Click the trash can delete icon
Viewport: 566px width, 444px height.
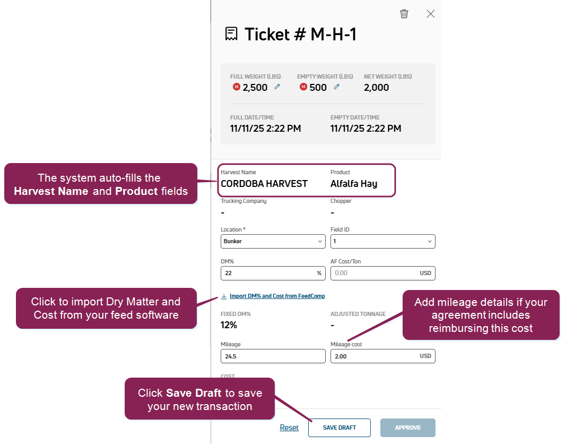pos(404,14)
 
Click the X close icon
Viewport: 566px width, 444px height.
pos(430,14)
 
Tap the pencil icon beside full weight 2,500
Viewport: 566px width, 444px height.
pos(277,87)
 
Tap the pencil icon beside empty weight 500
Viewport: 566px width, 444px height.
pos(337,87)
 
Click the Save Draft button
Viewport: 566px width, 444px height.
pos(339,428)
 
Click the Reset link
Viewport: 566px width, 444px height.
pos(289,428)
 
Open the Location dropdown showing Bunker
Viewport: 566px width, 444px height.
pos(273,241)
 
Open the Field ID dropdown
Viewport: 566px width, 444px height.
pos(382,241)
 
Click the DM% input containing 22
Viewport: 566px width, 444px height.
pos(273,273)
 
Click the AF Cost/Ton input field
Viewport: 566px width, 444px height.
pos(382,273)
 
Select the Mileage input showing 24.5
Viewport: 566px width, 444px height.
pos(273,356)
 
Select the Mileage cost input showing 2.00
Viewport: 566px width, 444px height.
pos(382,356)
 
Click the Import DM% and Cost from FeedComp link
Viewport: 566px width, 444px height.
pos(277,296)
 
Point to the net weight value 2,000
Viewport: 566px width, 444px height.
pos(376,88)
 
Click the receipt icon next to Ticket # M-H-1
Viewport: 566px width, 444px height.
pos(231,34)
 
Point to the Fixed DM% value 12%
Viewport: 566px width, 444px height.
pos(229,325)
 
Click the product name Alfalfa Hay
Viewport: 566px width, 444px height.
pos(354,184)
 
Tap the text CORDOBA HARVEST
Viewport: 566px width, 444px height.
pos(264,184)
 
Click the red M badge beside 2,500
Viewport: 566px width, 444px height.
pos(237,87)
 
